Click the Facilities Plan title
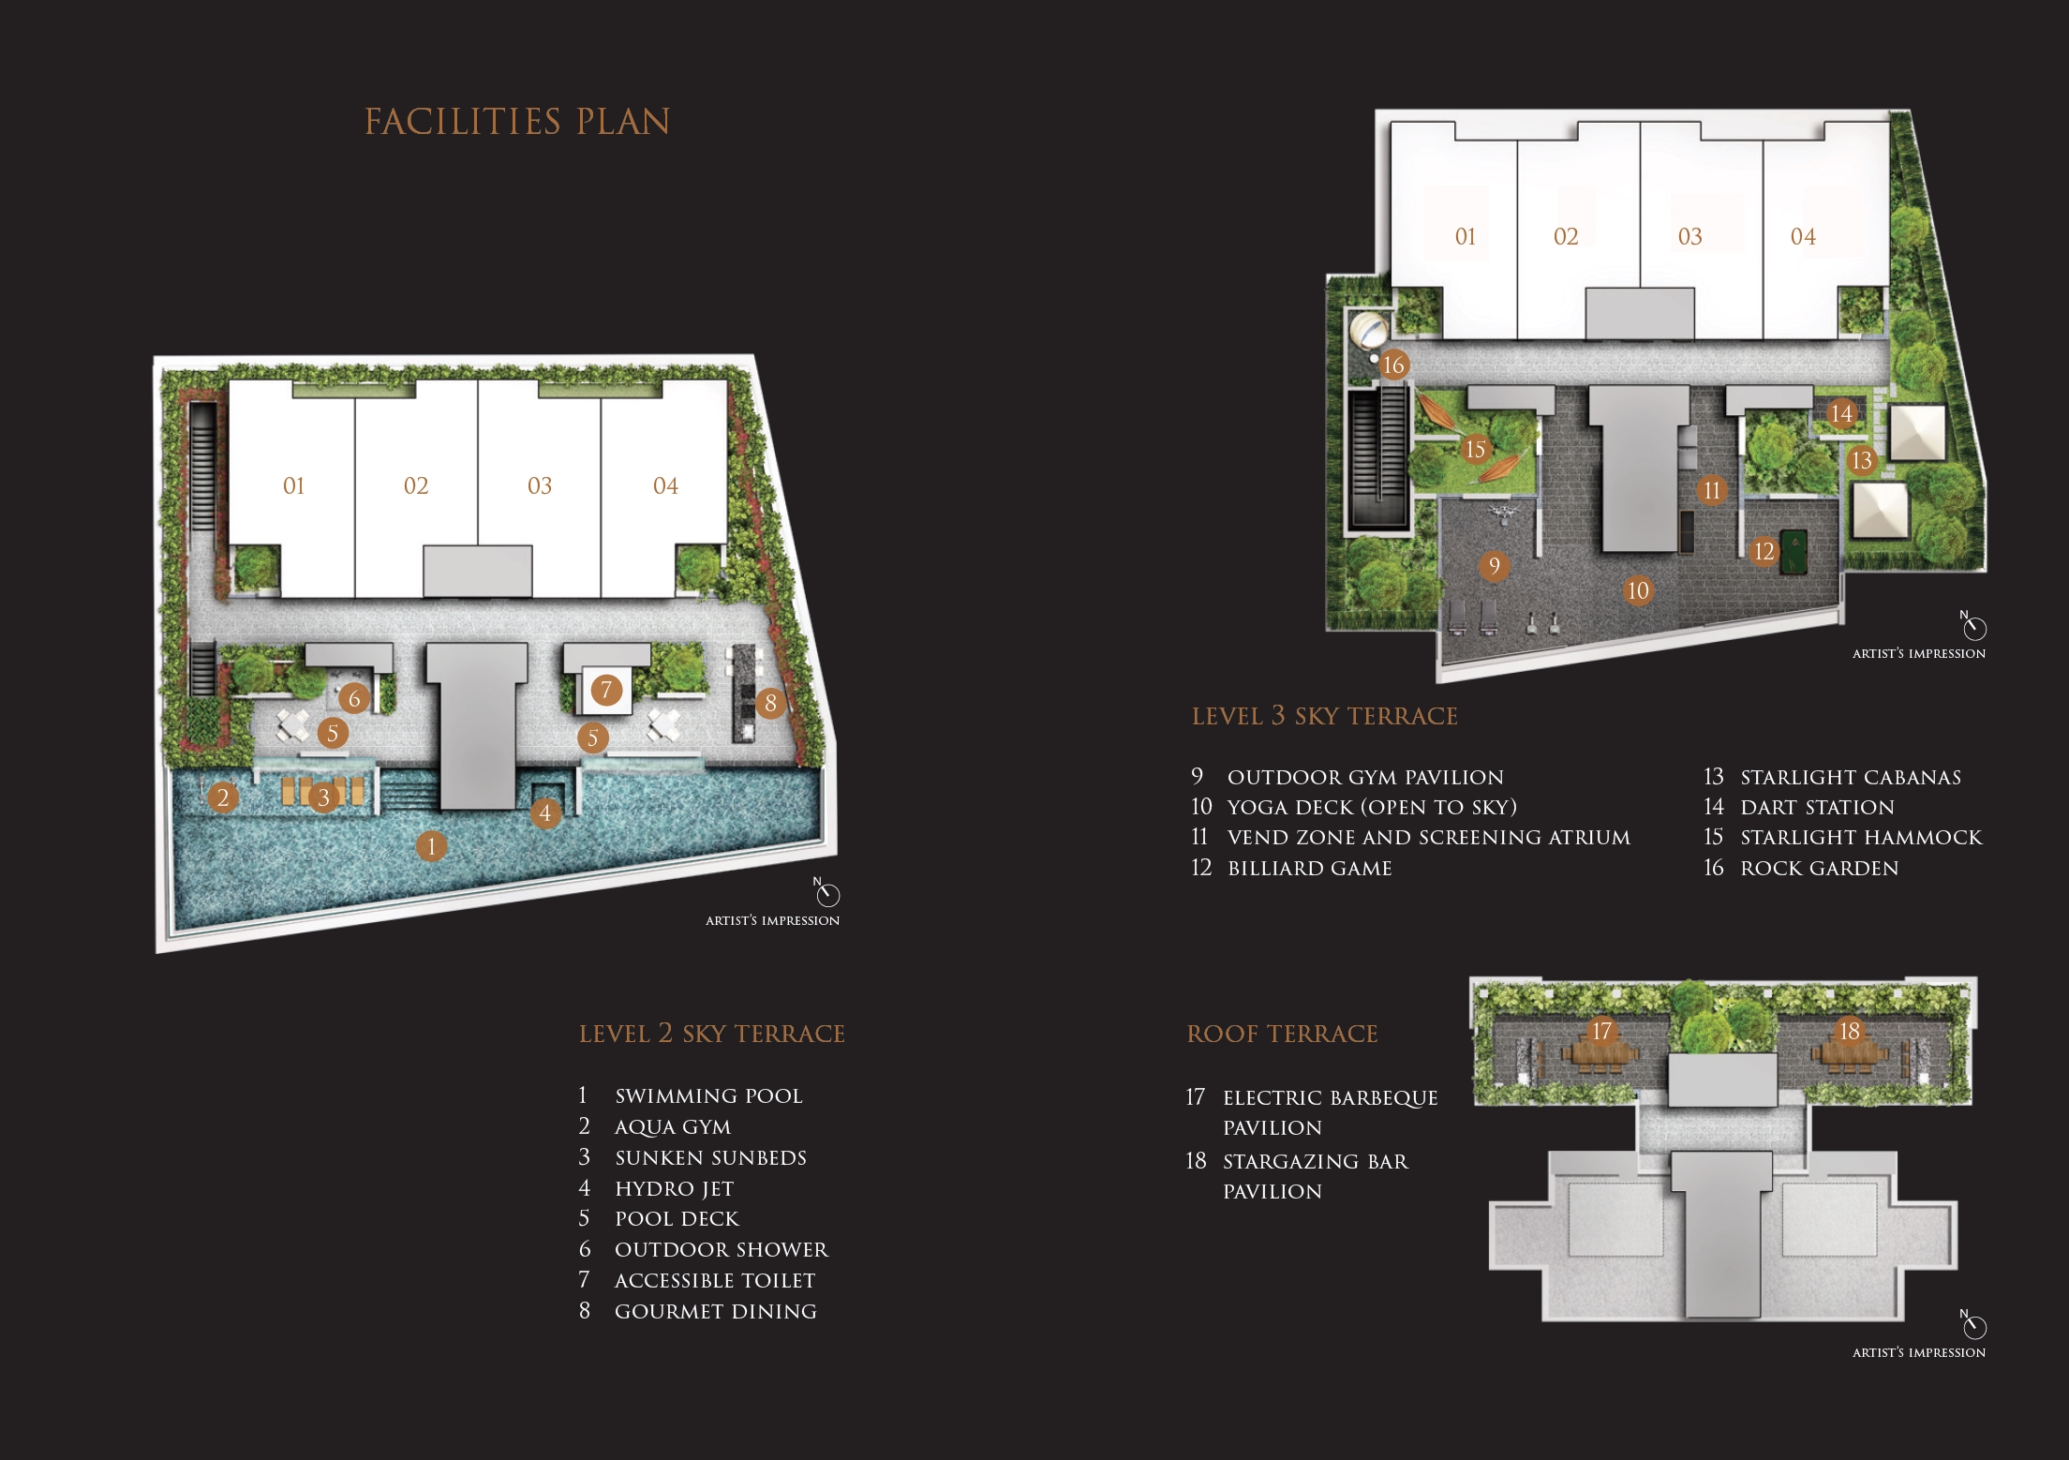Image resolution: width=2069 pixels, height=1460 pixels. click(517, 122)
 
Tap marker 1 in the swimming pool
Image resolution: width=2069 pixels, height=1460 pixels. click(431, 846)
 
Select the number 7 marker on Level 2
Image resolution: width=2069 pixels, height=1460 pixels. click(606, 691)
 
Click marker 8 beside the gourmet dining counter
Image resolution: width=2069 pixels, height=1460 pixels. click(770, 703)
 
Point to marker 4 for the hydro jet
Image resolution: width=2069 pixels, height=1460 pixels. click(545, 812)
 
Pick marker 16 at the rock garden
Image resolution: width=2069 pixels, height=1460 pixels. click(1393, 365)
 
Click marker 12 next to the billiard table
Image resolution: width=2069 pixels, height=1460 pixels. click(1764, 551)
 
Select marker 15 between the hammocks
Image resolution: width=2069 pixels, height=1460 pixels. click(1475, 450)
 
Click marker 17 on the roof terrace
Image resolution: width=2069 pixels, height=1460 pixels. click(1602, 1031)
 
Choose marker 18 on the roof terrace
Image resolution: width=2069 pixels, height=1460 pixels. click(1849, 1031)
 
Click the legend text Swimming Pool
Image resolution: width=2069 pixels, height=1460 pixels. click(708, 1096)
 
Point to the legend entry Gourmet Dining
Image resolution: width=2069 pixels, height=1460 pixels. click(716, 1312)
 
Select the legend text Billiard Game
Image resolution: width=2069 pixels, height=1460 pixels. click(1310, 869)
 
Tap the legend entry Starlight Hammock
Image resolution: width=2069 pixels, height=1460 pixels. click(1861, 838)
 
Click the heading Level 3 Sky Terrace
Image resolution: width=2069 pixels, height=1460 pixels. click(1324, 717)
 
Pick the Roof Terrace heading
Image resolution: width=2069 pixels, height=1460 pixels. click(1282, 1034)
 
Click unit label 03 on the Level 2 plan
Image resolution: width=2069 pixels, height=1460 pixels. click(540, 485)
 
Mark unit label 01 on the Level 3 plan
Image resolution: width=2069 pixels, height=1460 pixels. click(1466, 237)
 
